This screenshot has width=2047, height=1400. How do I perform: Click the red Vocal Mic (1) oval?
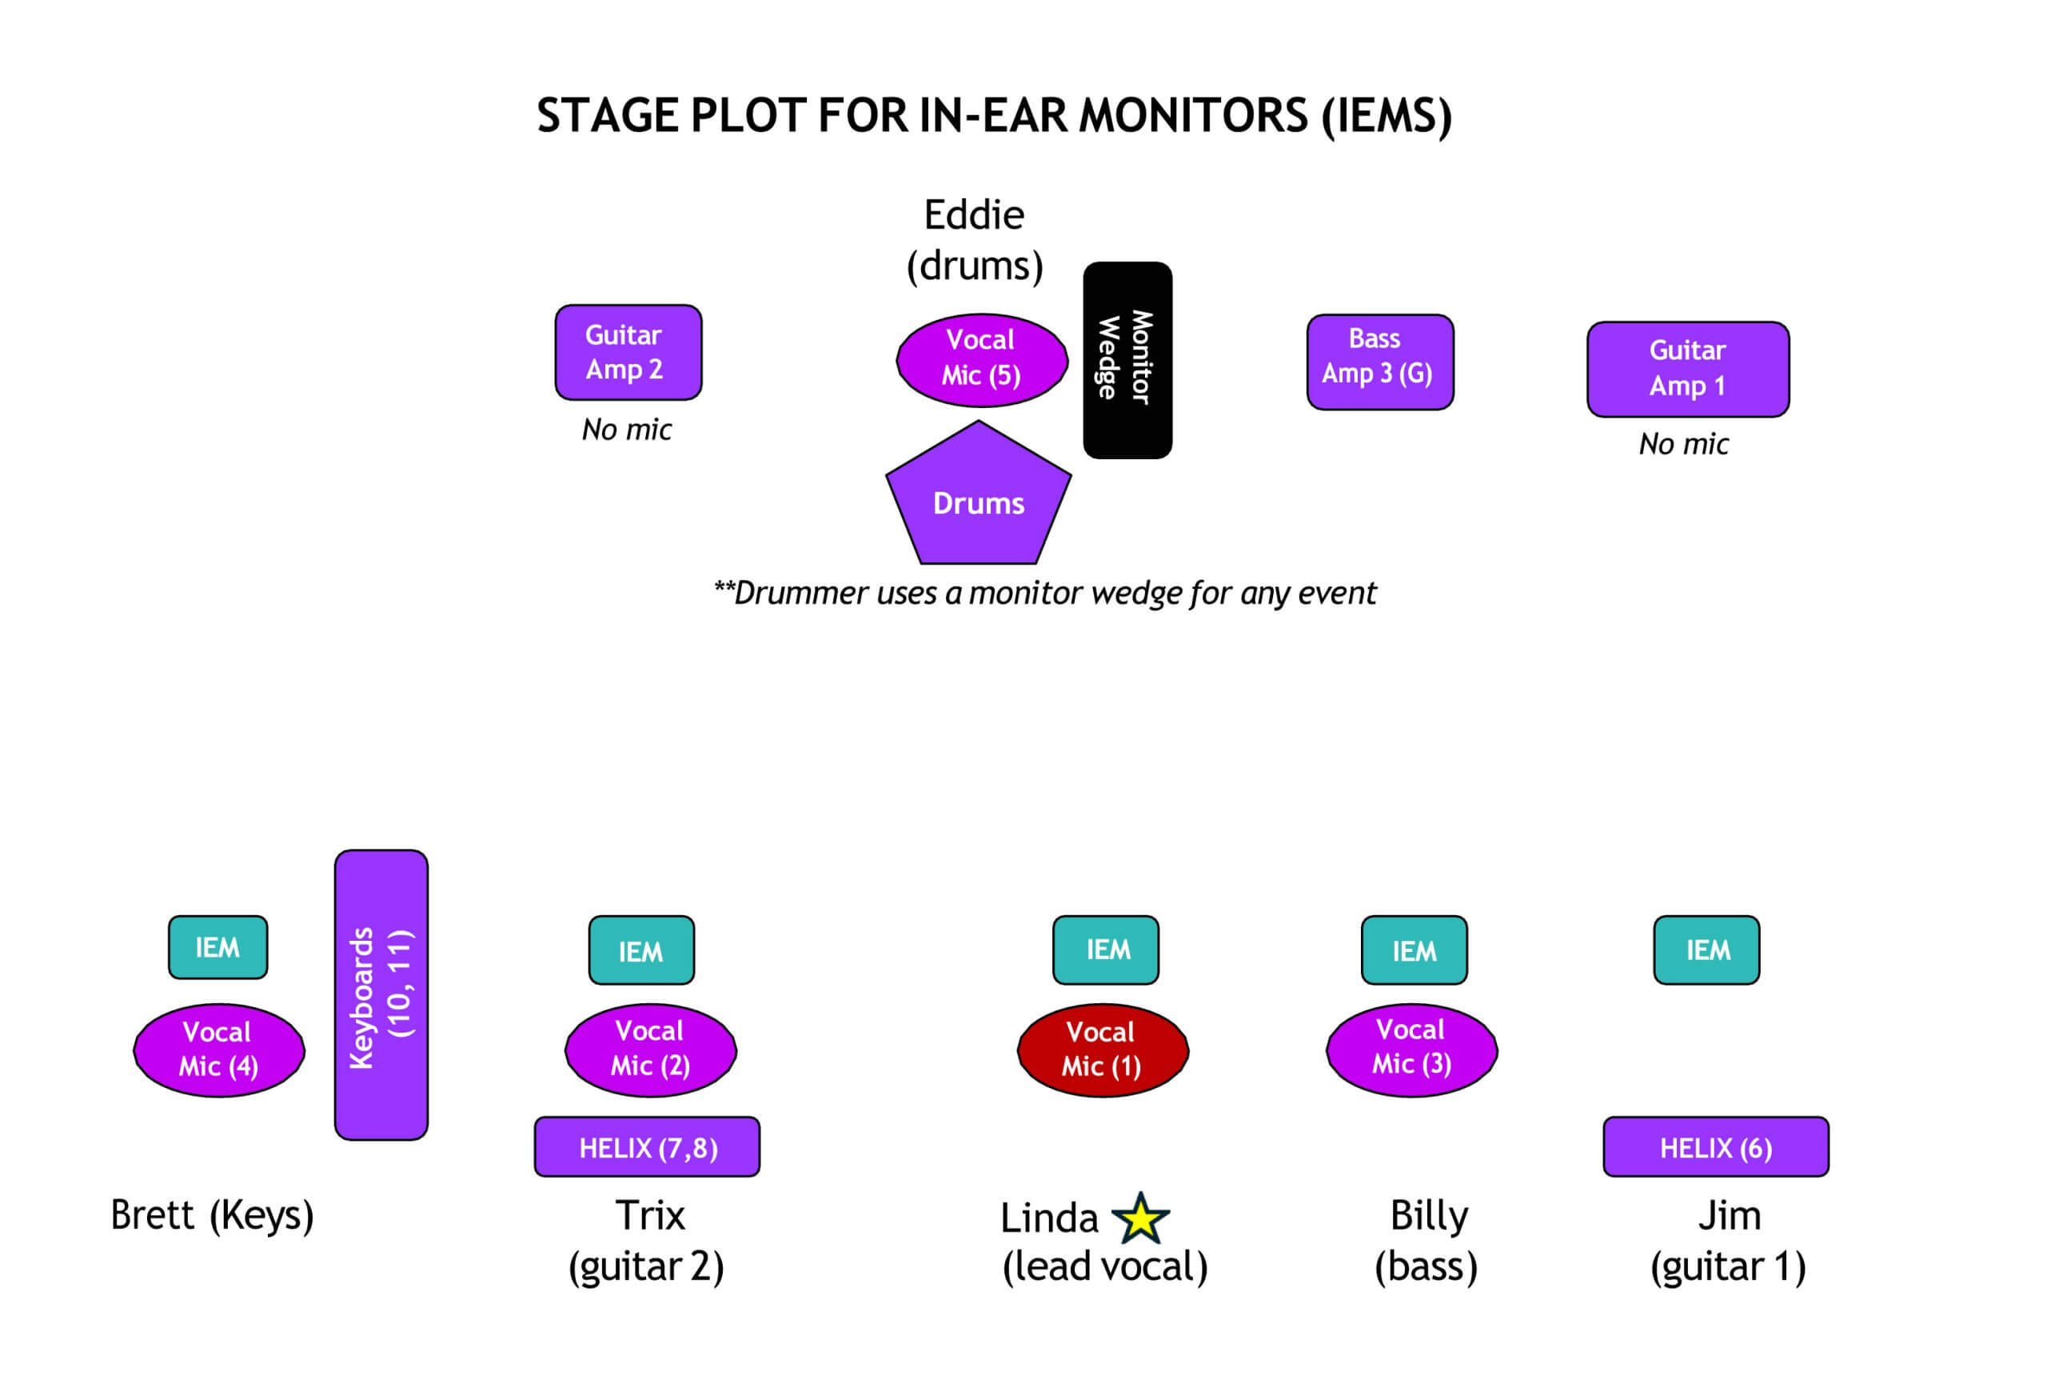tap(1102, 1050)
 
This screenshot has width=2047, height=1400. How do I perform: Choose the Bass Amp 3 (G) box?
tap(1379, 362)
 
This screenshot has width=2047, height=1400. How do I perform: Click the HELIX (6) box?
tap(1715, 1146)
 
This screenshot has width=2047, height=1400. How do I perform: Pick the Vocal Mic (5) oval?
tap(981, 359)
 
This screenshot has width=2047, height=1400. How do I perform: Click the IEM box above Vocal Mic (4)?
tap(217, 947)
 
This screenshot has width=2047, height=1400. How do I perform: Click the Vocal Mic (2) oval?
tap(650, 1050)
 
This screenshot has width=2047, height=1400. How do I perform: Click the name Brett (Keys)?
tap(211, 1215)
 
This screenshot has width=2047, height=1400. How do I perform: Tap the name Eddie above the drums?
tap(973, 215)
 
